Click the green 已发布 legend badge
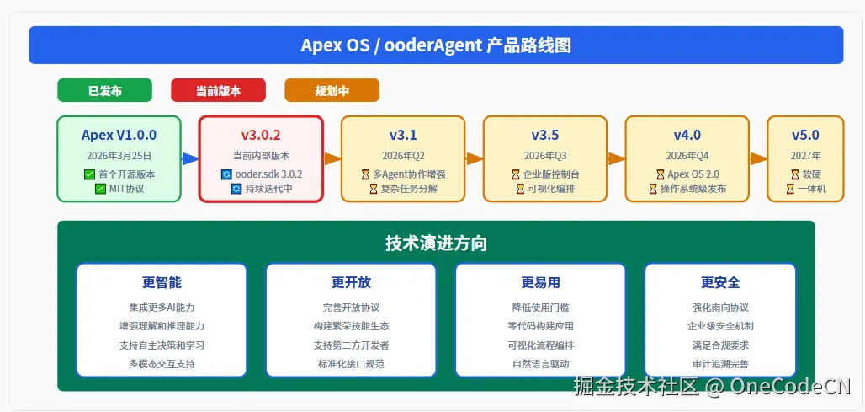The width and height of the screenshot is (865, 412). coord(104,90)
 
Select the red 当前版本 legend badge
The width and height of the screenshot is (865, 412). coord(218,90)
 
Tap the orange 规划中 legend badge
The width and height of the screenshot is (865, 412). coord(332,90)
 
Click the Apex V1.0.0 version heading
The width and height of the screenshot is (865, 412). coord(119,135)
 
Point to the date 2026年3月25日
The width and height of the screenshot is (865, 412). coord(119,156)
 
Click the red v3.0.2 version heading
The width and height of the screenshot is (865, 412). coord(261,135)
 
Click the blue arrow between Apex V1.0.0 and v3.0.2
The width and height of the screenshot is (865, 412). coord(189,158)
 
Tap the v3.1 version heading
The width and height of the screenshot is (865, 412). coord(403,135)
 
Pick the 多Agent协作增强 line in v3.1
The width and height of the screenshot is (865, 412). coord(409,174)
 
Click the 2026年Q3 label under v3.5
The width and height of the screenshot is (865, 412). coord(545,156)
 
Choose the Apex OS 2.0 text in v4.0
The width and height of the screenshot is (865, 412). coord(693,174)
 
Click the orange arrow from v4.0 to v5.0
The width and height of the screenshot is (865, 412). coord(758,158)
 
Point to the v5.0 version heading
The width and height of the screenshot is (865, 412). coord(805,135)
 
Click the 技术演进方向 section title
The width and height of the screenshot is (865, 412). coord(436,243)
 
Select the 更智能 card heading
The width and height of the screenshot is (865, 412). coord(162,282)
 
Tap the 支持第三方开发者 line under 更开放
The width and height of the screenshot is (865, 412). coord(351,345)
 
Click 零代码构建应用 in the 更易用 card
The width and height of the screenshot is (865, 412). coord(540,326)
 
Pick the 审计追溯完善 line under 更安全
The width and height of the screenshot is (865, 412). coord(720,364)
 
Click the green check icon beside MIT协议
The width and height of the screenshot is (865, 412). coord(101,189)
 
